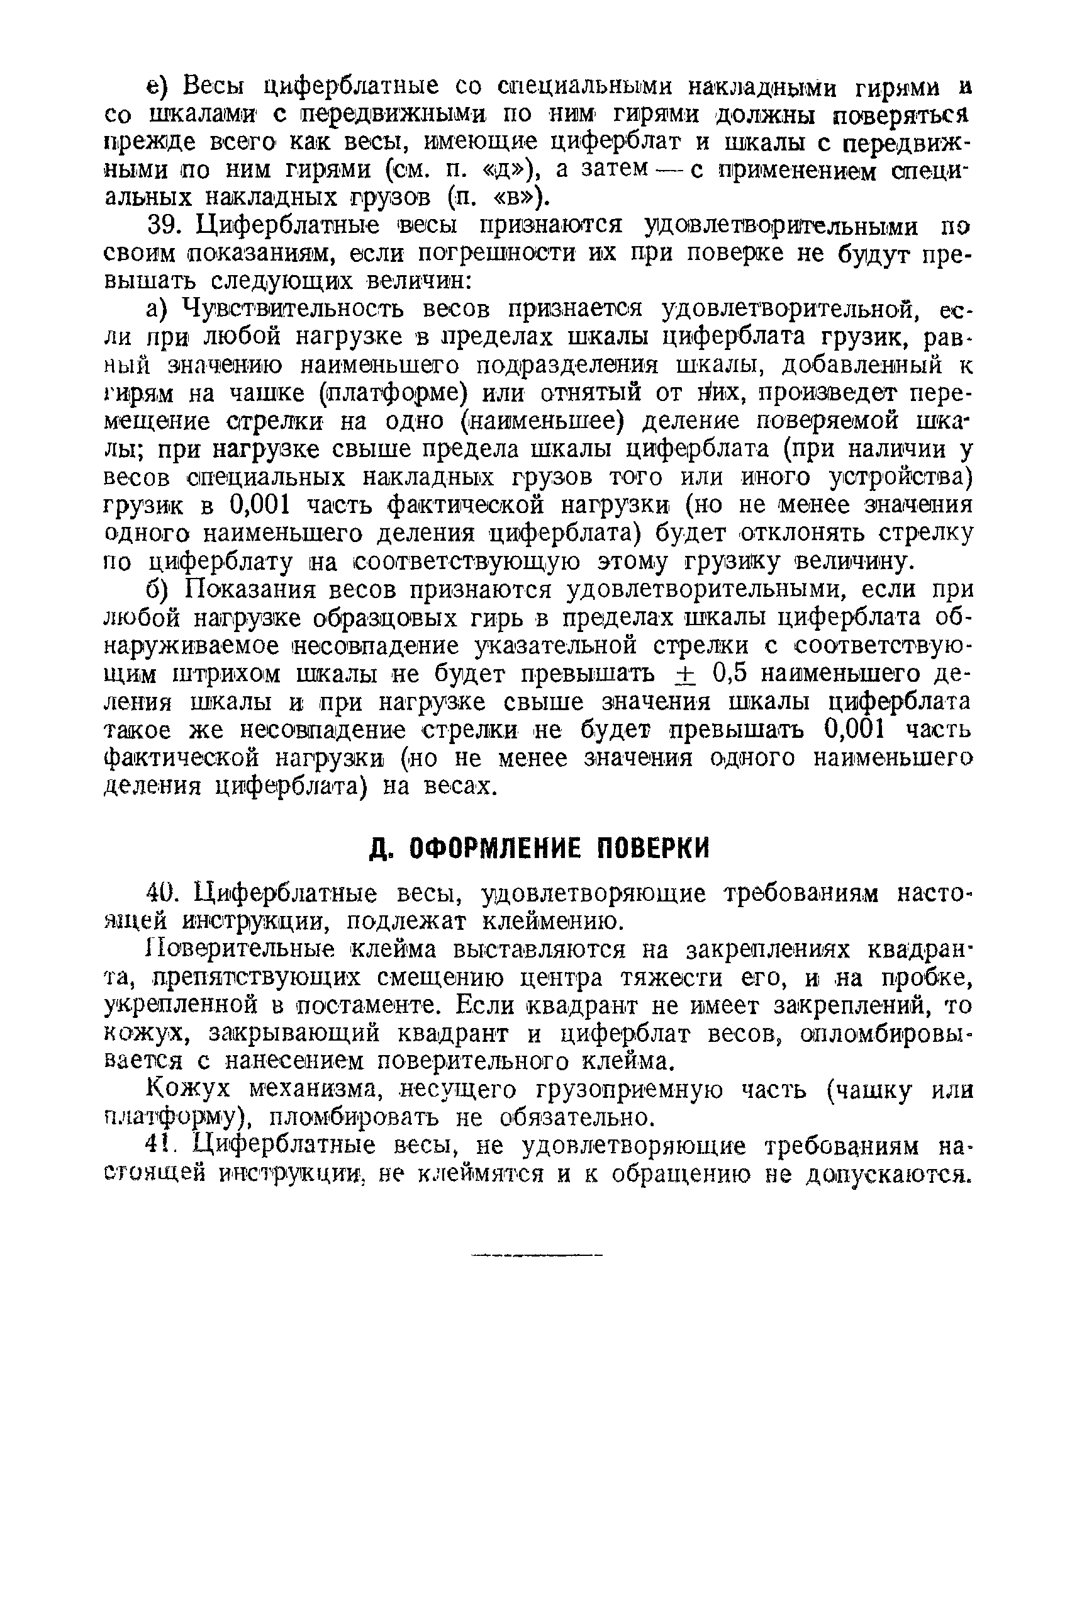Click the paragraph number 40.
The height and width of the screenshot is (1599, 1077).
click(x=163, y=894)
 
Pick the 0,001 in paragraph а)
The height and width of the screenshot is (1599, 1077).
click(x=257, y=506)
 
